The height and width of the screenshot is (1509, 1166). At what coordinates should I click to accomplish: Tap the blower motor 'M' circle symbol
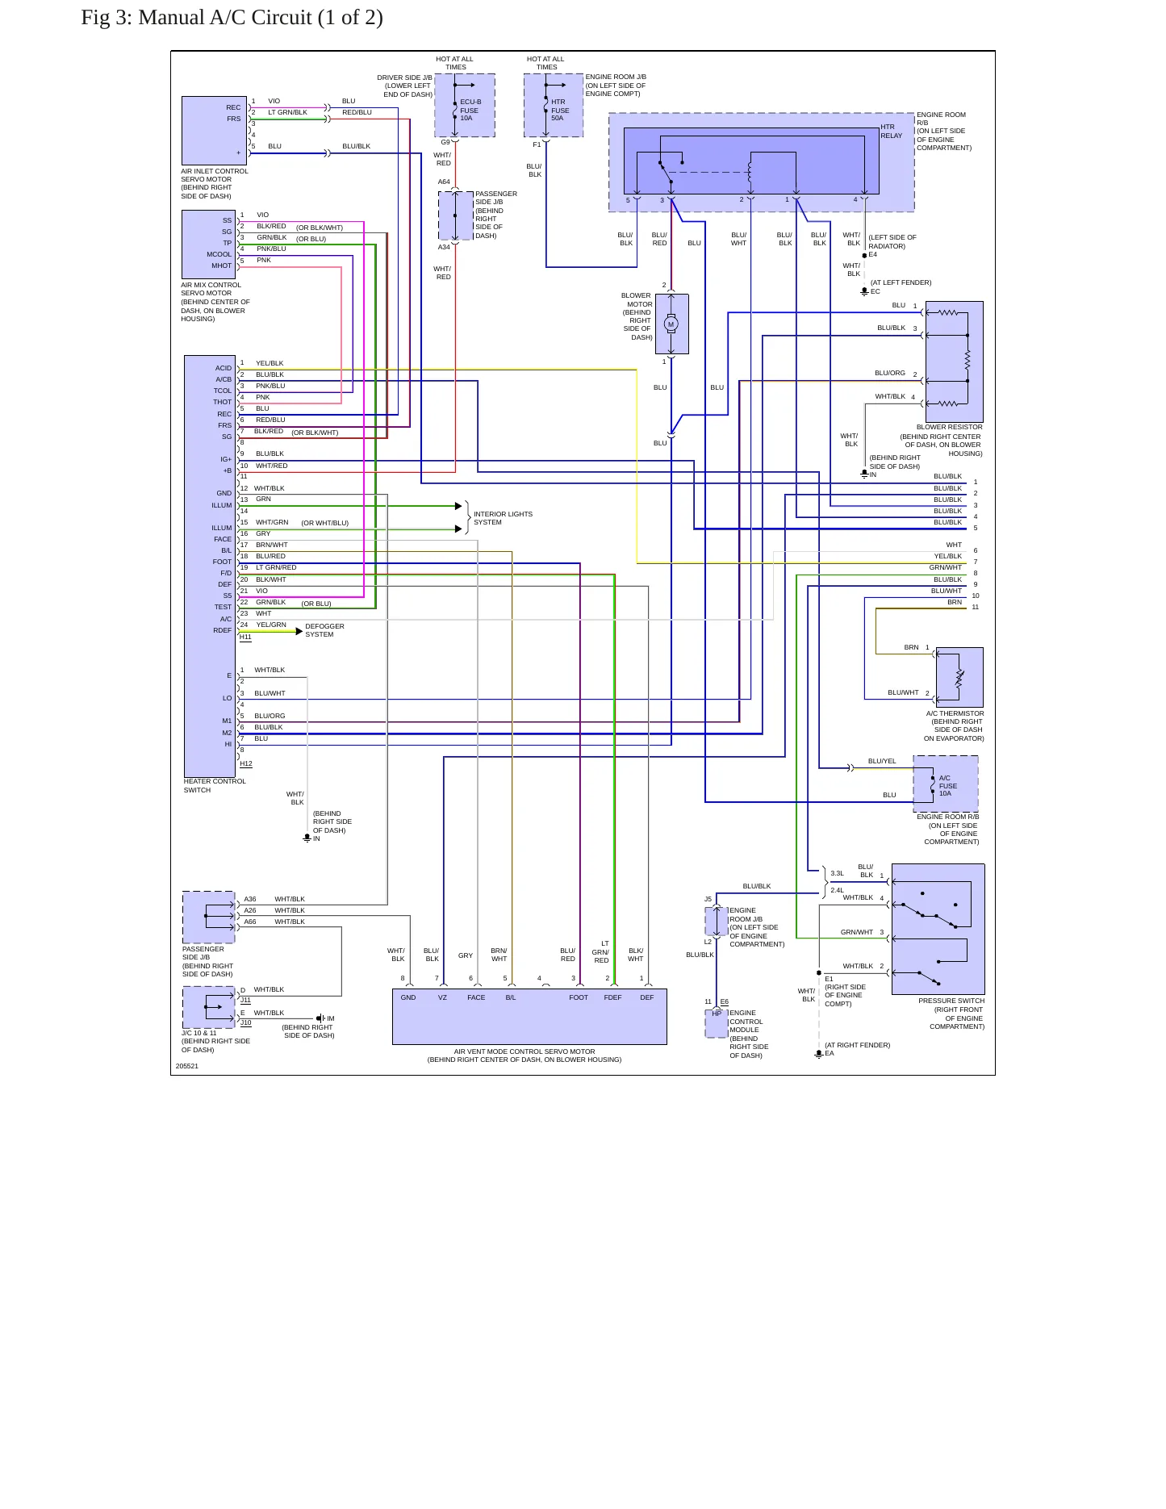click(671, 324)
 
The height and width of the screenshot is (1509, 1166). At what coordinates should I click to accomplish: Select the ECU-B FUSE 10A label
click(470, 110)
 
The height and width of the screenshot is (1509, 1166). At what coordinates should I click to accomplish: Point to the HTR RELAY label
click(892, 132)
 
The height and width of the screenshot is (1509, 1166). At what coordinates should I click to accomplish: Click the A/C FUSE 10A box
click(946, 784)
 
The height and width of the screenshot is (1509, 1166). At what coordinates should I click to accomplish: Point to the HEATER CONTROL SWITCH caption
click(215, 785)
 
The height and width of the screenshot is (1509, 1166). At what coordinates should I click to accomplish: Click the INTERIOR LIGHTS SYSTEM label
click(503, 518)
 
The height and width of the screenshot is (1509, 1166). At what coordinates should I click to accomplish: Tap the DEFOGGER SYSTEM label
click(324, 630)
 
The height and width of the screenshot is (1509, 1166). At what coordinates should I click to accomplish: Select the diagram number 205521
click(187, 1066)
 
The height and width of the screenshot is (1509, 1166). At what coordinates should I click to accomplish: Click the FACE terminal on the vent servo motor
click(476, 997)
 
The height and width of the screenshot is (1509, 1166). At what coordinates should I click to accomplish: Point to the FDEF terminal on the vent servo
click(612, 997)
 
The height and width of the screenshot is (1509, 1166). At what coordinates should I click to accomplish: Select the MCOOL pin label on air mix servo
click(219, 254)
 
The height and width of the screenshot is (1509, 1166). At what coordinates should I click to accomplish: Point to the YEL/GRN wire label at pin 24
click(271, 625)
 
